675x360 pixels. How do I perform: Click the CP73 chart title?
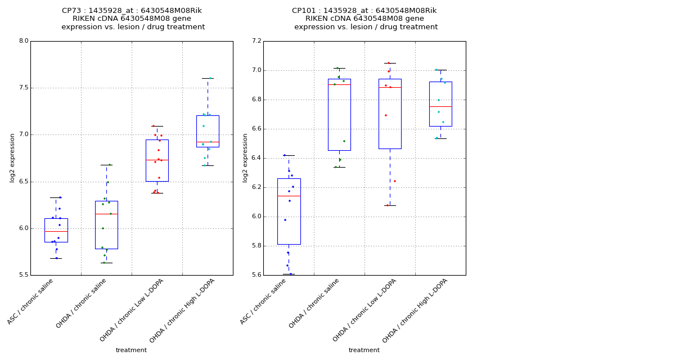[x=133, y=19]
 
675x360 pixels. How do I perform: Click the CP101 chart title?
[x=365, y=19]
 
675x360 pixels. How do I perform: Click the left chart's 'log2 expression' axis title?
[x=12, y=158]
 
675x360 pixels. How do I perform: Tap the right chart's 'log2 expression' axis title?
[x=245, y=158]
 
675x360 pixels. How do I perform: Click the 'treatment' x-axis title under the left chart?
[x=131, y=350]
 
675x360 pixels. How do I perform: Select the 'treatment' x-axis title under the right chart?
[x=364, y=350]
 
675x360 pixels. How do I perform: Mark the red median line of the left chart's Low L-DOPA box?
[x=157, y=160]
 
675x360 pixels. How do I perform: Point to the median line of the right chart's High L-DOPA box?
[x=440, y=106]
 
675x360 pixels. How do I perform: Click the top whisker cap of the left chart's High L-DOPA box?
[x=208, y=78]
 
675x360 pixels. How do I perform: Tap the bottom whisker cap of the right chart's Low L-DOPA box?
[x=390, y=205]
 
